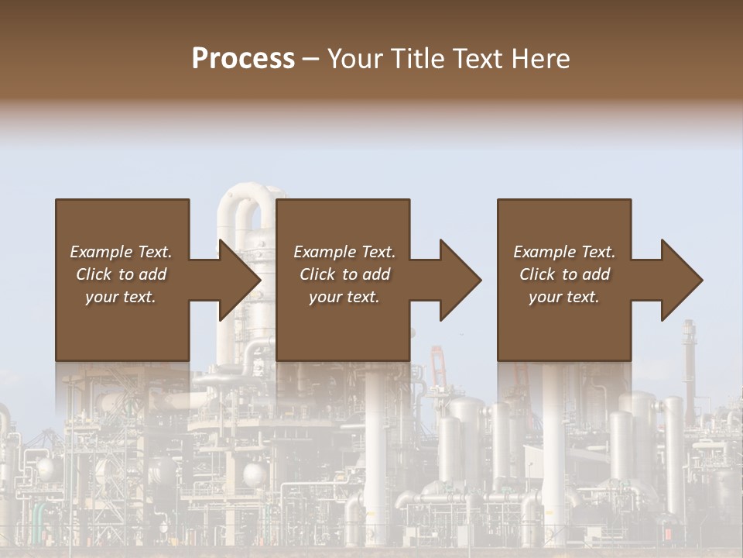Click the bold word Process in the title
[243, 59]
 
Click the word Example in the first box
[101, 252]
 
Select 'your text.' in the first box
[121, 297]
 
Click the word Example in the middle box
[324, 252]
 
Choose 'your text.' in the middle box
[344, 297]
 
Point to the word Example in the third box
[544, 252]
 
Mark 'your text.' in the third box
[564, 297]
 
